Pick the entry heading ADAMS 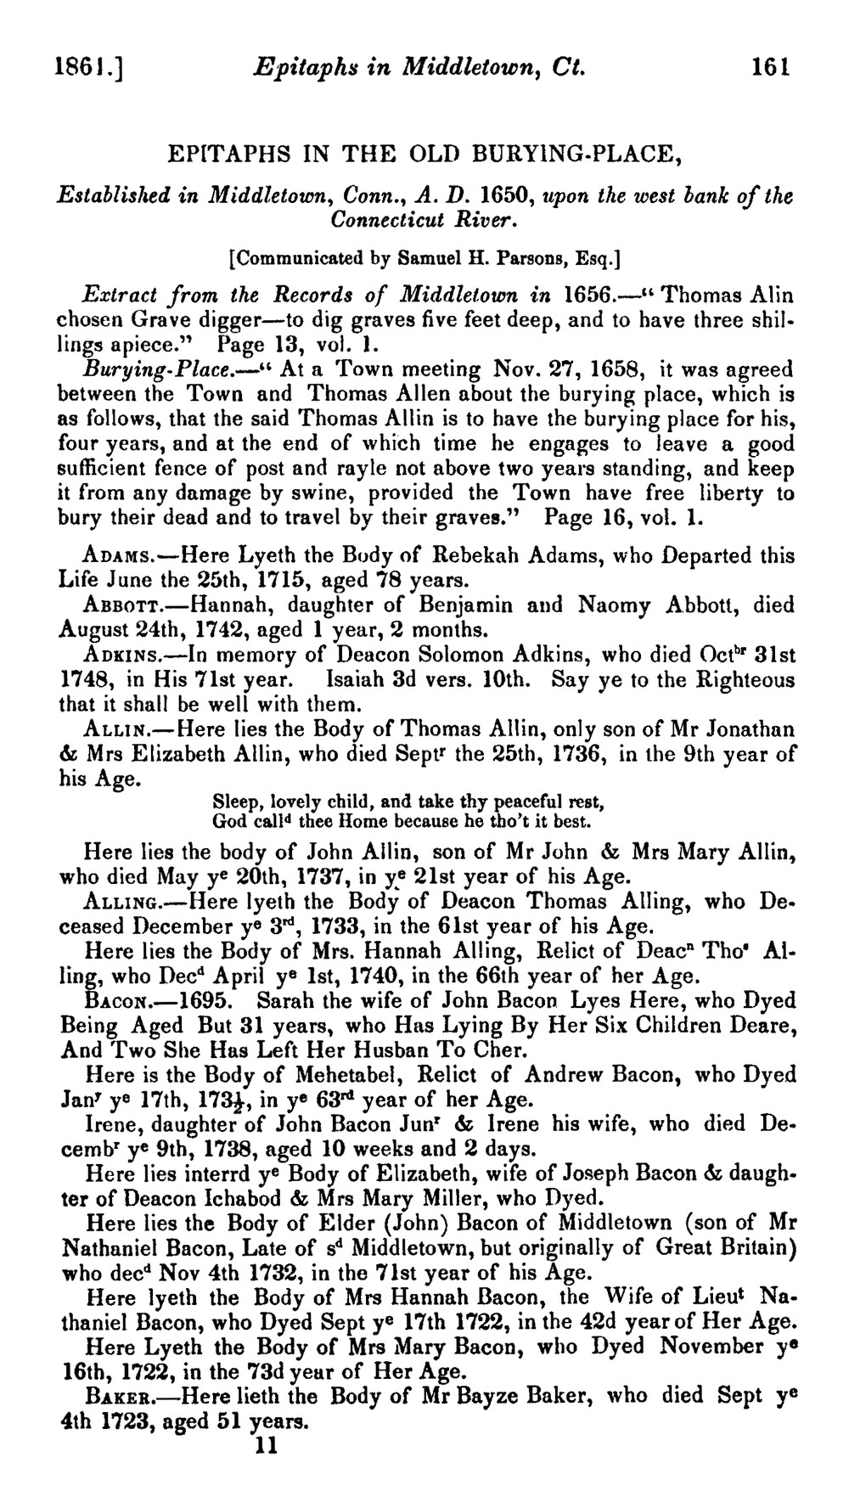click(x=118, y=557)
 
